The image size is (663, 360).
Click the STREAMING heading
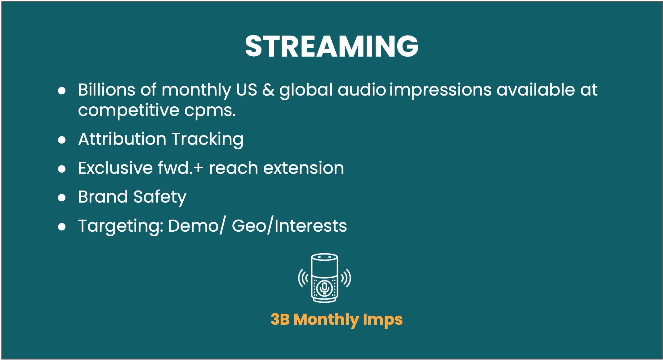(332, 46)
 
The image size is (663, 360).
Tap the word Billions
(107, 90)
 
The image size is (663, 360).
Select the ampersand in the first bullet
(268, 90)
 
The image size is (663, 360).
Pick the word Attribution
(122, 139)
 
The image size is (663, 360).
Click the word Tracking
(207, 140)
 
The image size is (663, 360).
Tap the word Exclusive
(115, 168)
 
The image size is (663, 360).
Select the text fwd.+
(181, 168)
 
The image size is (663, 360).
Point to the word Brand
(103, 197)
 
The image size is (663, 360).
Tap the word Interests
(311, 226)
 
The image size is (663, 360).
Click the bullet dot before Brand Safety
(62, 198)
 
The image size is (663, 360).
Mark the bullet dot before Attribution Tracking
(62, 140)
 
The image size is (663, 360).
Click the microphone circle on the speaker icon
(325, 288)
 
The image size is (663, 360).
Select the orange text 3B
(280, 319)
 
